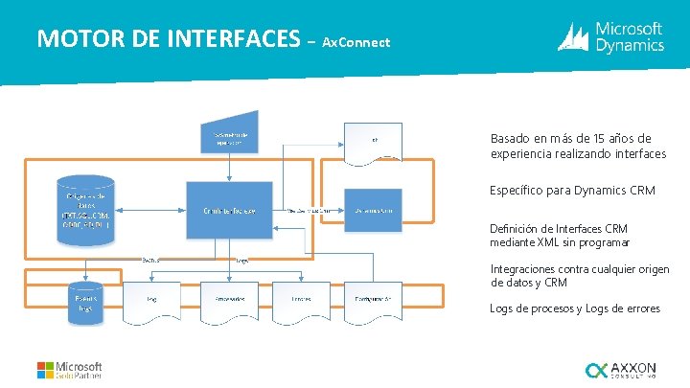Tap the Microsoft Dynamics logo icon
click(574, 37)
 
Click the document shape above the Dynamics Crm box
click(373, 141)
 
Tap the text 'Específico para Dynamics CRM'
click(572, 191)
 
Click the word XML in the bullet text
click(553, 242)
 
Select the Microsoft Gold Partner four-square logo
click(46, 371)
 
